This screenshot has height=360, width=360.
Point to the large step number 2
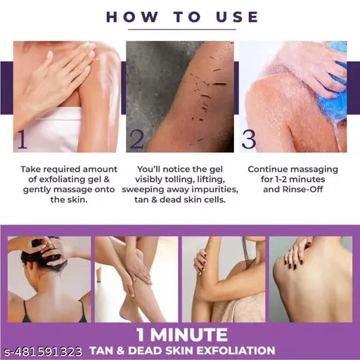pos(136,139)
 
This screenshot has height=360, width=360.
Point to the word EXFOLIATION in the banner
pos(237,349)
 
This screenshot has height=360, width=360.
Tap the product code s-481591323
pos(42,350)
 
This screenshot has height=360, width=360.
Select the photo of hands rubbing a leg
pos(134,278)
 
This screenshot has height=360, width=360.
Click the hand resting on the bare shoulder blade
pos(298,253)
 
